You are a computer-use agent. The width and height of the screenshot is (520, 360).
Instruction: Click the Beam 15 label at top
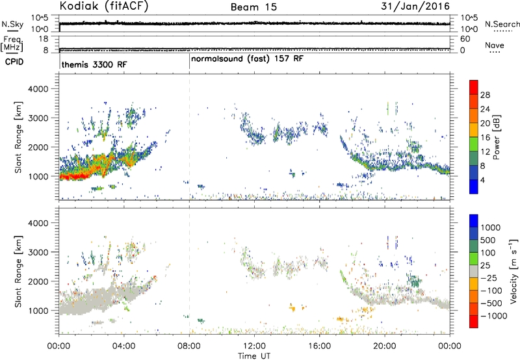click(253, 7)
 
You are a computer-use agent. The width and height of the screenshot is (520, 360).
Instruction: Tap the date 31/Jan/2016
click(415, 6)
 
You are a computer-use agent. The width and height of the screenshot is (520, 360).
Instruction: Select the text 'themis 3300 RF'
click(94, 64)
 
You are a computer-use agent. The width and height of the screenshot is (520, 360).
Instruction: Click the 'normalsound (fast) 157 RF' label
click(247, 59)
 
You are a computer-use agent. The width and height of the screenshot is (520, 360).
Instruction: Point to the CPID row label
click(14, 62)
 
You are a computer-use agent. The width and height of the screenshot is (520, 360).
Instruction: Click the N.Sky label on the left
click(12, 24)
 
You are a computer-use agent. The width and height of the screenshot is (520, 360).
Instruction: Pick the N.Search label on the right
click(502, 24)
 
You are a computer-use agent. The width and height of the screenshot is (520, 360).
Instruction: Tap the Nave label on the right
click(495, 45)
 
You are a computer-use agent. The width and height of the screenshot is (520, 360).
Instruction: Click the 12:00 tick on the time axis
click(254, 346)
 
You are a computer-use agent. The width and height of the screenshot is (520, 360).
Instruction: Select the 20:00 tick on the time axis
click(385, 346)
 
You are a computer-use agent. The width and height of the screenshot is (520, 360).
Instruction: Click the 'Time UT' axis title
click(254, 356)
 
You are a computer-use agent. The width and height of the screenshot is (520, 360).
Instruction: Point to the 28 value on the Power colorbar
click(485, 95)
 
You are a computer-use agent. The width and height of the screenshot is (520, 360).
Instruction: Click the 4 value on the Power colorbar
click(482, 180)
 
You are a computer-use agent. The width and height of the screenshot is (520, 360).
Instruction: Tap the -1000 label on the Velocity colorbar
click(493, 316)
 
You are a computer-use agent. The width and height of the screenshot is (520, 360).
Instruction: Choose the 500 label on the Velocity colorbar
click(487, 240)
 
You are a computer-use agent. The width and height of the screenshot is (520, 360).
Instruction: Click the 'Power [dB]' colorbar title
click(497, 137)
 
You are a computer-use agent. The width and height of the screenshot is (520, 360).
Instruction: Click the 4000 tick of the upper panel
click(38, 89)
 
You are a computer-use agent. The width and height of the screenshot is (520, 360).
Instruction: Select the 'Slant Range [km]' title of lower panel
click(18, 272)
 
